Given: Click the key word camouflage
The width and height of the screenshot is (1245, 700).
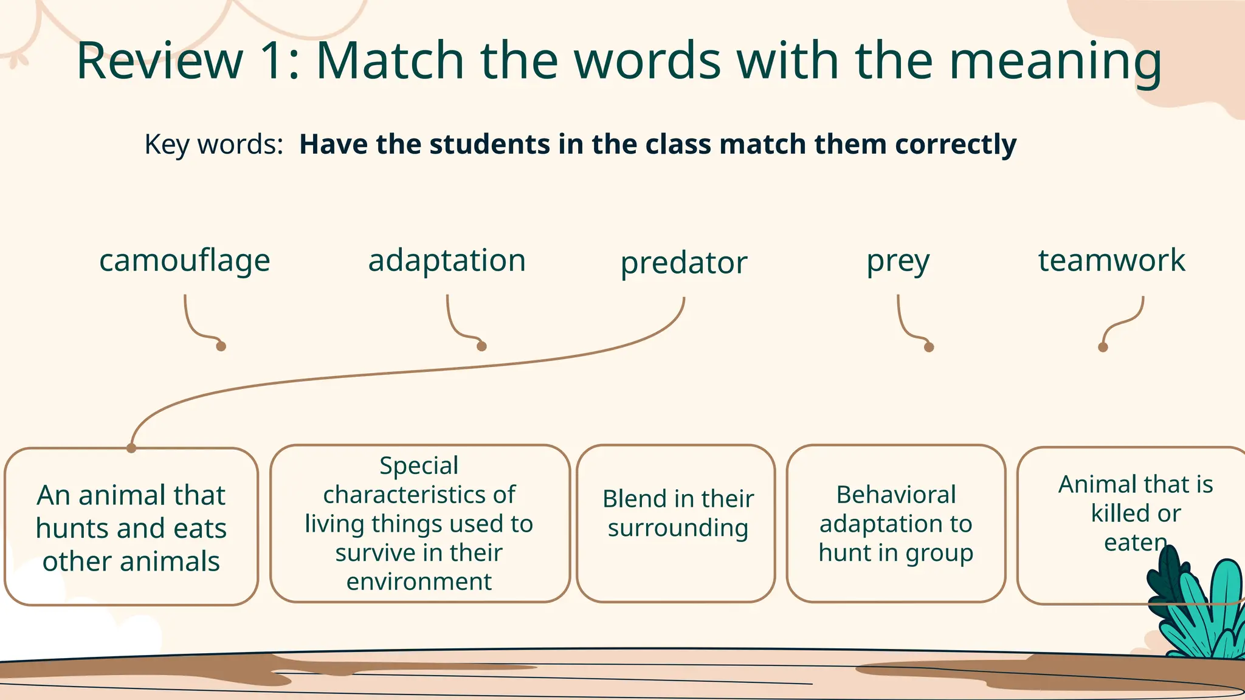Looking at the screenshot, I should click(184, 261).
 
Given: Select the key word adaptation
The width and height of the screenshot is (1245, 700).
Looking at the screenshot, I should click(447, 261).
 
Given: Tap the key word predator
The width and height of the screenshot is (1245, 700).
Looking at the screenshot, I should click(683, 263).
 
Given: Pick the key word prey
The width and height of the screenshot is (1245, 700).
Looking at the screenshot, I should click(898, 262).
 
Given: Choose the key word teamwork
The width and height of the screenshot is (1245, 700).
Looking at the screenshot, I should click(1111, 261).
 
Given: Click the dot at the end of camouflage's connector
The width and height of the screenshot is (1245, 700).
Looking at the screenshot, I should click(221, 346).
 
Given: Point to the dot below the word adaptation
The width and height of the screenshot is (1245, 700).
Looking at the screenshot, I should click(481, 346).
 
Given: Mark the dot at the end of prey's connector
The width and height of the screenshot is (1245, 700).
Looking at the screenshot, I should click(929, 348).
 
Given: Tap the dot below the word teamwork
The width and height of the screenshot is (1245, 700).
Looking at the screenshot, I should click(1103, 348).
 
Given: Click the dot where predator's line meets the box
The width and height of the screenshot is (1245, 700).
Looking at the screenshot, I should click(131, 448).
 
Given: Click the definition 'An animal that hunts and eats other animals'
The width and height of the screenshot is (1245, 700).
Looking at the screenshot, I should click(131, 527).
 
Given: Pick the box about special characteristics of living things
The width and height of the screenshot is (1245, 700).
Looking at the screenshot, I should click(419, 524).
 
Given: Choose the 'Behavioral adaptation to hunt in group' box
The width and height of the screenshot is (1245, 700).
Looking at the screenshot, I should click(896, 524).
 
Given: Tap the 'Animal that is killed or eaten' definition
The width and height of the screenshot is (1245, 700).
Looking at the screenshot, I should click(1119, 513).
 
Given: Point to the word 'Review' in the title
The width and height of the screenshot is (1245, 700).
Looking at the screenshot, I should click(159, 61).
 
